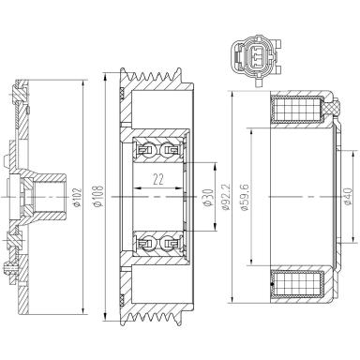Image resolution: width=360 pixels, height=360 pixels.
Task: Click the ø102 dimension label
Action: coord(78,197)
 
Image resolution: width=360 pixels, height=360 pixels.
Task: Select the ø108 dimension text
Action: coord(98,196)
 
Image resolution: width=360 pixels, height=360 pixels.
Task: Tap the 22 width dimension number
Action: coord(158,180)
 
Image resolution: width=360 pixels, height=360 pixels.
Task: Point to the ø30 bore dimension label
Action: coord(208,198)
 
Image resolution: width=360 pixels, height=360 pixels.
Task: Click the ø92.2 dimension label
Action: coord(227,197)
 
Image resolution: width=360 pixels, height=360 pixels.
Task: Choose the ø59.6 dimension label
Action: coord(245,197)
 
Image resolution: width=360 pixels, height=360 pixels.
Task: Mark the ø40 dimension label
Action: coord(348,196)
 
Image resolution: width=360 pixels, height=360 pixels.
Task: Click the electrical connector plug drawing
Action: coord(256,60)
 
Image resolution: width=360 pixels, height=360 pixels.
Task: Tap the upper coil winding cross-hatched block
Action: coord(297,110)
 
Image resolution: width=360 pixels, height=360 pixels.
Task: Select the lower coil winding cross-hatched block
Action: coord(297,284)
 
